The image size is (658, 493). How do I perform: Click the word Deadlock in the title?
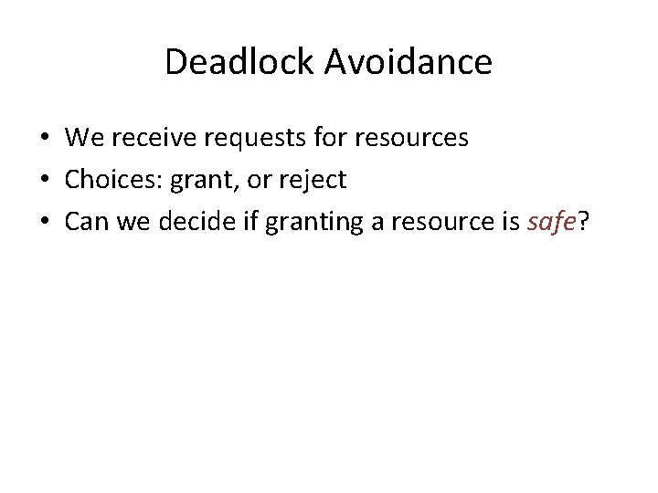click(239, 62)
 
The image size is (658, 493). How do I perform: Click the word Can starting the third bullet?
click(86, 222)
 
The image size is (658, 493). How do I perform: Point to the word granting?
click(298, 223)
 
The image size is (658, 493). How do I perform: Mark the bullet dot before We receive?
click(44, 139)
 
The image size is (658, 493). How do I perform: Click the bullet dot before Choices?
click(44, 181)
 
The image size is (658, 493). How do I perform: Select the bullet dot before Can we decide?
click(44, 223)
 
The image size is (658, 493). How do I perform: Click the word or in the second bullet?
click(259, 181)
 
